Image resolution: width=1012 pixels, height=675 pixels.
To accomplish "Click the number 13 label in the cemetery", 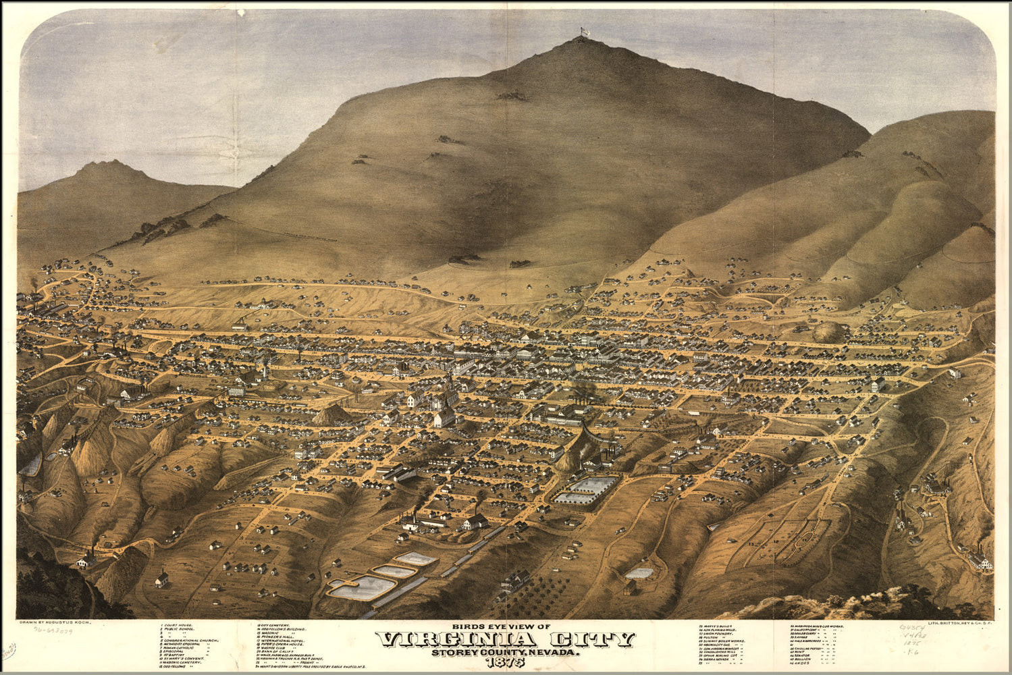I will coord(751,543).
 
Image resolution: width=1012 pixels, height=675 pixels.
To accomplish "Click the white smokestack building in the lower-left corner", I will coord(86,560).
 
